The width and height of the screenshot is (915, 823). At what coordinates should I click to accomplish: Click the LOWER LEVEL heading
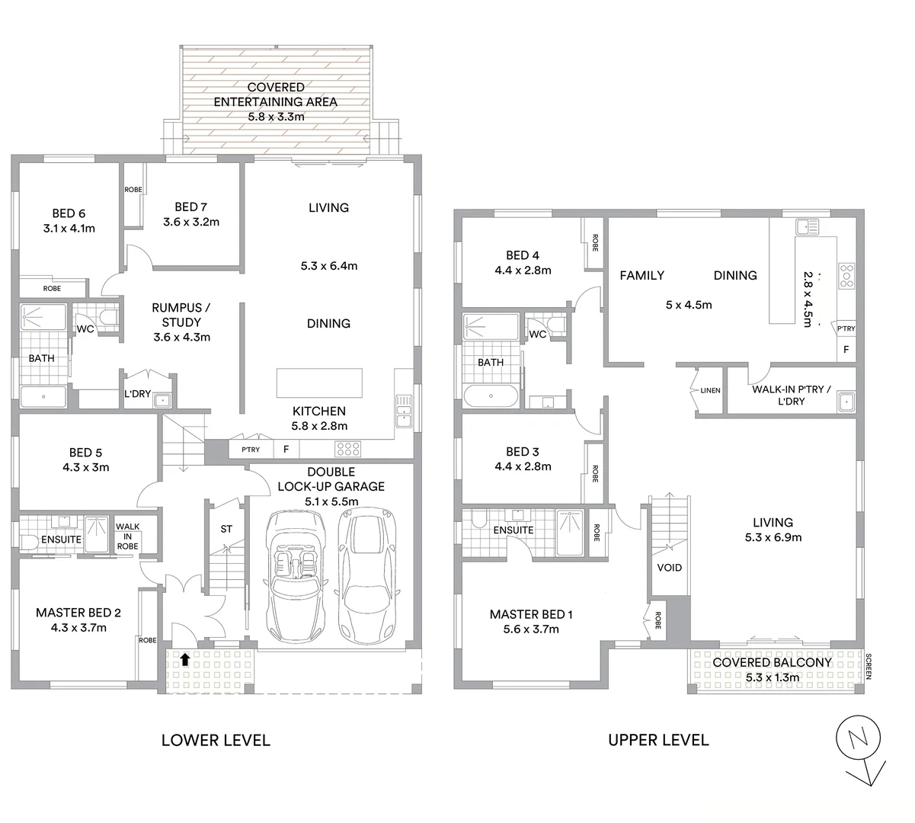click(216, 740)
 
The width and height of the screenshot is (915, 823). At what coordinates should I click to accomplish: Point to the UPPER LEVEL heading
click(658, 740)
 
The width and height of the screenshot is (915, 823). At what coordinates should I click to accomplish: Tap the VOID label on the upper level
click(669, 568)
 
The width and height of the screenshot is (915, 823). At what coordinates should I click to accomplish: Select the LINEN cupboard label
click(709, 391)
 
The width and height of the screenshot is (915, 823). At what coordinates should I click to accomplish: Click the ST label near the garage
click(226, 529)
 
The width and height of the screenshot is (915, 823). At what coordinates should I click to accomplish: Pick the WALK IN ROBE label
click(127, 536)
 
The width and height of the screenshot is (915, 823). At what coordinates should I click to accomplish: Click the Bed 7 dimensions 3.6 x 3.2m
click(190, 223)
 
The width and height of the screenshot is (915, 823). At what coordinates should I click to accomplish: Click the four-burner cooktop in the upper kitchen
click(846, 275)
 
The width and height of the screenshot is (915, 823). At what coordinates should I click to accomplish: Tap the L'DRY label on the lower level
click(138, 394)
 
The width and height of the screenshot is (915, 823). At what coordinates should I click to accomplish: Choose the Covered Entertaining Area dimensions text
click(276, 117)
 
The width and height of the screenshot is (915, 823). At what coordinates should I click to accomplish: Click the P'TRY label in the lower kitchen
click(250, 450)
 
